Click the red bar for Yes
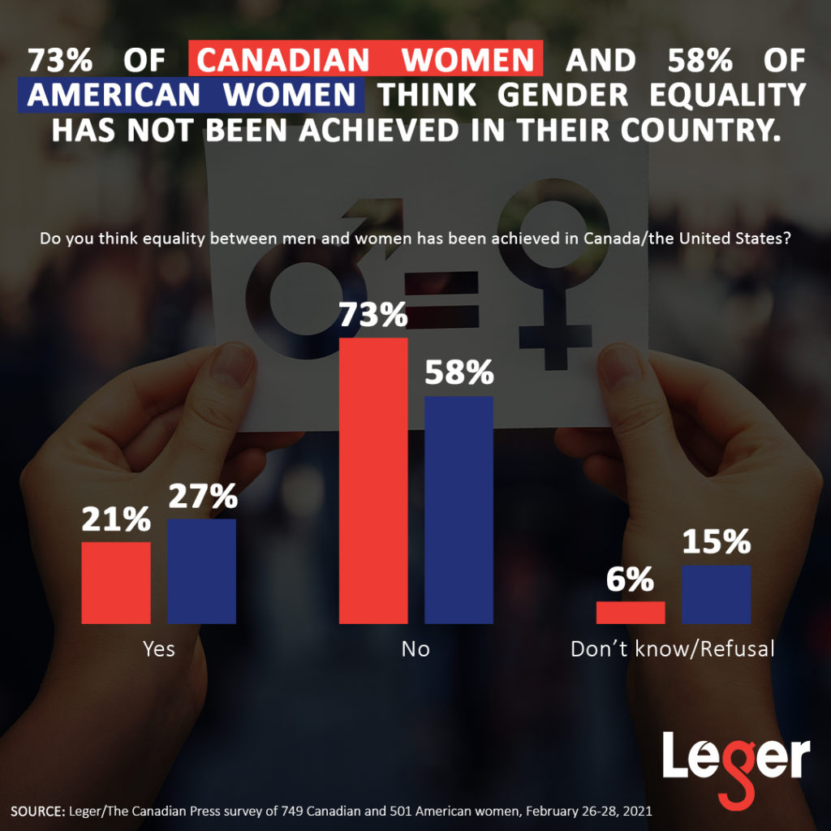coord(116,583)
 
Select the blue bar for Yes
coord(201,571)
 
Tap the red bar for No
coord(373,480)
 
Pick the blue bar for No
coord(459,510)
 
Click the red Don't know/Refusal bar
coord(631,613)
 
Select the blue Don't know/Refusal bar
coord(716,594)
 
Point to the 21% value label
coord(116,519)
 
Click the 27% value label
coord(202,496)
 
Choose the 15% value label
coord(716,542)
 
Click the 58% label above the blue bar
coord(459,372)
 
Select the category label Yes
coord(159,649)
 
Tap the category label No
coord(415,649)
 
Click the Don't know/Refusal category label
coord(673,649)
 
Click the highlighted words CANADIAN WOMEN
coord(365,60)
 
